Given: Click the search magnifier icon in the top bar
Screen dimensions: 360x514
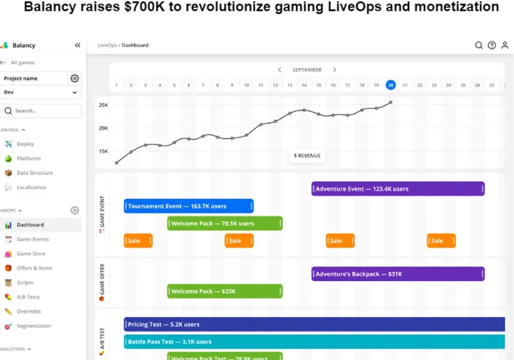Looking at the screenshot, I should tap(479, 45).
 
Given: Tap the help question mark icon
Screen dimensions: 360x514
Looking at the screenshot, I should tap(492, 45).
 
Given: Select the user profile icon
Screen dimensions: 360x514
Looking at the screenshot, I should tap(505, 45).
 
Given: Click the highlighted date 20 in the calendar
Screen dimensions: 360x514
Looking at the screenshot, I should tap(391, 85).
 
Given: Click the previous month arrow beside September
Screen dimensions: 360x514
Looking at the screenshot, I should tap(280, 70).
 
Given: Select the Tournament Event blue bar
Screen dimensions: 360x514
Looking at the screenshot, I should tap(189, 206).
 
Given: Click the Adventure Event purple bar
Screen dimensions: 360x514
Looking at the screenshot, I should tap(397, 189).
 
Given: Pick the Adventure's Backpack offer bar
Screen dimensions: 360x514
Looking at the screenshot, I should tap(397, 274).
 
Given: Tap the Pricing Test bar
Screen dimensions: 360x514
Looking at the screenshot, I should tap(314, 324).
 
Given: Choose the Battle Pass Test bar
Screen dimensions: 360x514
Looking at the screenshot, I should tap(314, 341).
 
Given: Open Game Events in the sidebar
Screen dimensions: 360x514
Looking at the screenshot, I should tap(33, 239).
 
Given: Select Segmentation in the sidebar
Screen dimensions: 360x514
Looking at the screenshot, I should tap(33, 326).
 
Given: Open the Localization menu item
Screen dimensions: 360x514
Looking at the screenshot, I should tap(31, 187).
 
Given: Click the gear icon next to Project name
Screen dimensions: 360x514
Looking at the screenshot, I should tap(75, 78).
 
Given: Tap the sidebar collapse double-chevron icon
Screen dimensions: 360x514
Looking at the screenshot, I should tap(78, 45).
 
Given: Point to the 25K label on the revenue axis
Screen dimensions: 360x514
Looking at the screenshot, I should tap(103, 105).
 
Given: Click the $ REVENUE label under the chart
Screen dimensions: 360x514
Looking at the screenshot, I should tap(307, 155).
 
